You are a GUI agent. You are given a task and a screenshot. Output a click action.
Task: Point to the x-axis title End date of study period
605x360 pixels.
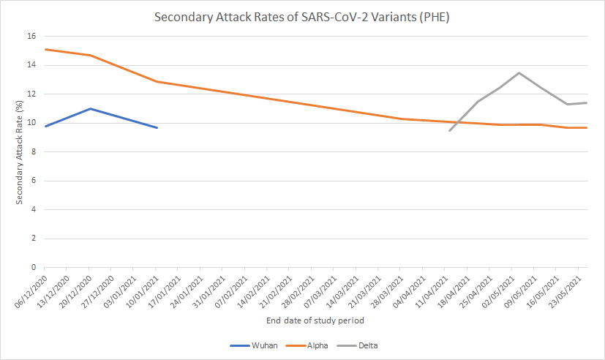315,320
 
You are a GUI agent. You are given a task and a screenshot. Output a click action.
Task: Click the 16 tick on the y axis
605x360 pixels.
31,36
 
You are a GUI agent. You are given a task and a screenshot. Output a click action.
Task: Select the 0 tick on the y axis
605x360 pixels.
33,268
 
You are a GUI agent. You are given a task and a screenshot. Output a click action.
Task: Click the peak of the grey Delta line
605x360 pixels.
519,72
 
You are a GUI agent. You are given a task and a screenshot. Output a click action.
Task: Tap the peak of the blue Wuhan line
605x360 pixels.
89,108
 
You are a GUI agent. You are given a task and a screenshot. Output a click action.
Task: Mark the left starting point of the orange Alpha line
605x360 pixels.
45,49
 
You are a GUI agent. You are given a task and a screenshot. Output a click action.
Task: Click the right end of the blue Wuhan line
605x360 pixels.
157,127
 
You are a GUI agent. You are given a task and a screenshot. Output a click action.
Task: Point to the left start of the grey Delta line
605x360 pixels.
449,130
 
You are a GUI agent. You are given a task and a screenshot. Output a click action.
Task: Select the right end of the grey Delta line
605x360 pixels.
587,102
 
